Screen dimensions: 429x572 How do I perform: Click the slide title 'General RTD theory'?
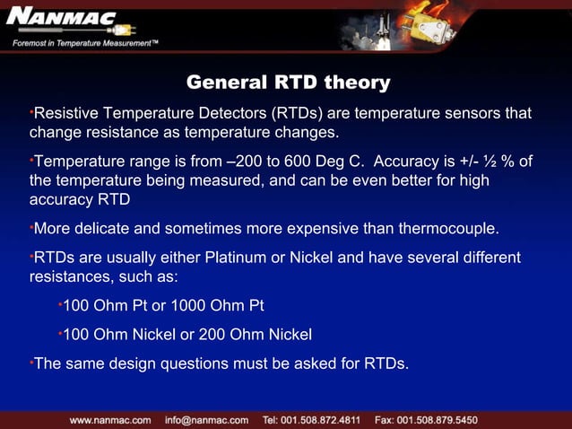point(288,83)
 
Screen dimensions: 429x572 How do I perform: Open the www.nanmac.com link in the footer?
point(110,419)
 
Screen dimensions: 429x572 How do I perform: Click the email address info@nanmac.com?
point(206,419)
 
